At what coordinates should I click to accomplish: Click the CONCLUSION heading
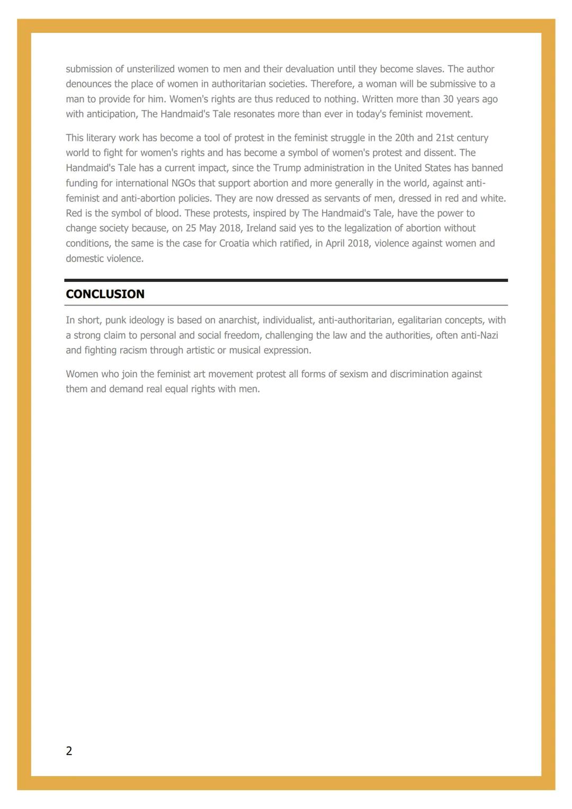click(x=105, y=294)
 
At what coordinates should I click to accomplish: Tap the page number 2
click(x=69, y=751)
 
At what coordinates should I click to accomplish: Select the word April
click(x=322, y=244)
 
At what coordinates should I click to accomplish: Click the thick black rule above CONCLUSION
click(x=286, y=280)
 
